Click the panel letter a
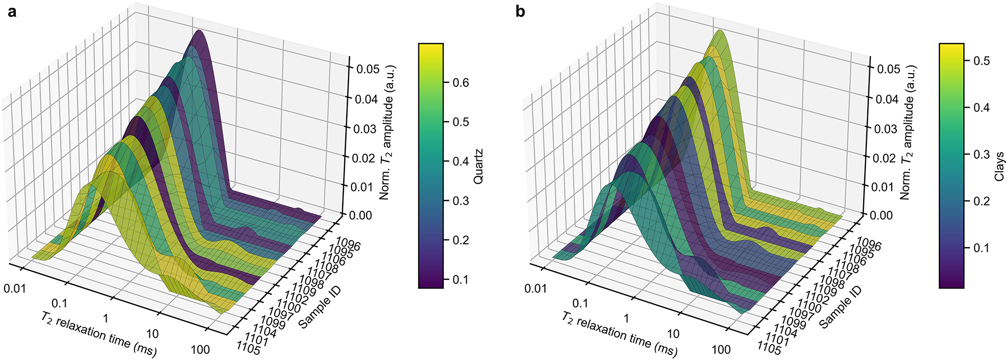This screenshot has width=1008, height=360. [x=11, y=11]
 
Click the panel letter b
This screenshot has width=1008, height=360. [x=520, y=11]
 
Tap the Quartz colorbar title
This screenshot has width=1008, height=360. [x=478, y=166]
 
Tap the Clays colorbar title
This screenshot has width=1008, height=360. [x=999, y=166]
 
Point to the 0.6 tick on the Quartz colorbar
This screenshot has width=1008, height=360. [x=461, y=83]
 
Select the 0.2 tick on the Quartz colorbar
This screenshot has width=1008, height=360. [x=461, y=240]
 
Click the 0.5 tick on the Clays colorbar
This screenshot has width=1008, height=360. [x=981, y=61]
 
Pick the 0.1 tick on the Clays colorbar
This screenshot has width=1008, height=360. [x=981, y=248]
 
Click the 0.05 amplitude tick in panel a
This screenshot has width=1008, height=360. [x=368, y=69]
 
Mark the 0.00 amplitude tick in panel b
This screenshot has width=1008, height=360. [x=882, y=215]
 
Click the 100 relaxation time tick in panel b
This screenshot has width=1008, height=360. [x=721, y=349]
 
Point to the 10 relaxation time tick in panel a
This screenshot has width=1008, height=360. [x=152, y=334]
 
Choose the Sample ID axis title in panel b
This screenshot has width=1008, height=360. [x=840, y=307]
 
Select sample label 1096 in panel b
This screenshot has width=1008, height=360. [x=869, y=244]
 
